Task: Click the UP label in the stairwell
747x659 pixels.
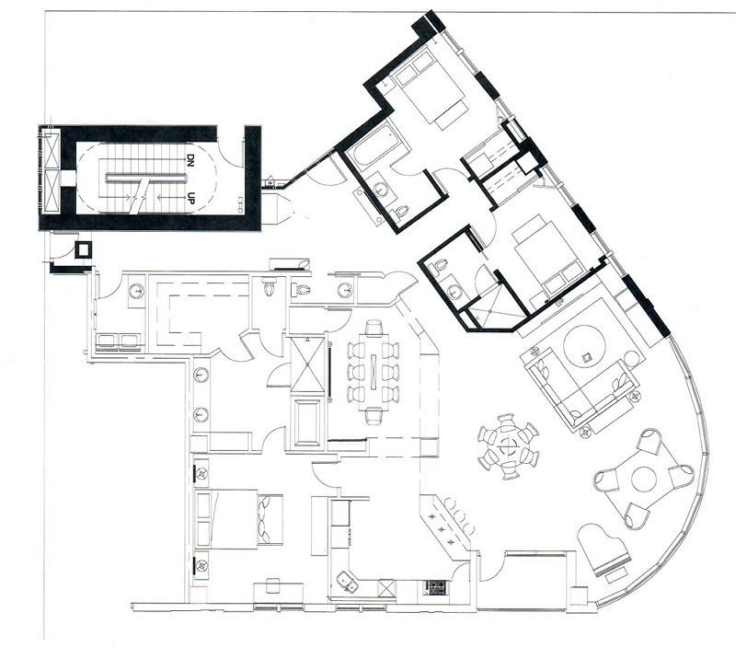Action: click(x=191, y=196)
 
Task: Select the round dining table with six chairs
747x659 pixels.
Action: click(x=509, y=446)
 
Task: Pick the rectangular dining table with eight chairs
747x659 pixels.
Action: click(x=373, y=371)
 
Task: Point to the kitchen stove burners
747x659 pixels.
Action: click(x=433, y=587)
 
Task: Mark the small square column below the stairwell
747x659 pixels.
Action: click(x=84, y=249)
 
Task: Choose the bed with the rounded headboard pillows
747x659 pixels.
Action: click(x=241, y=519)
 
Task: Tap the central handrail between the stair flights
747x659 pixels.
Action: click(x=145, y=178)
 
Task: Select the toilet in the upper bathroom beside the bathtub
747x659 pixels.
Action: click(x=402, y=211)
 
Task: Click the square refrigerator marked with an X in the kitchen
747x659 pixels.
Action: click(x=386, y=587)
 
